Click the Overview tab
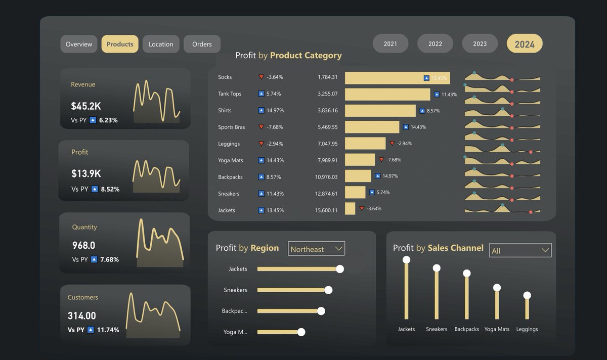click(79, 44)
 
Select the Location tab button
click(161, 44)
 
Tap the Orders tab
click(202, 44)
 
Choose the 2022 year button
click(435, 43)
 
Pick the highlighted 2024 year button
click(525, 44)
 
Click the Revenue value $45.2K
click(86, 106)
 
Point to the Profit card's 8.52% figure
click(110, 189)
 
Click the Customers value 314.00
click(82, 316)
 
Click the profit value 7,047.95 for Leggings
click(327, 144)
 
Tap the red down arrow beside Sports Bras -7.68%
click(261, 127)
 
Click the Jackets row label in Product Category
click(227, 210)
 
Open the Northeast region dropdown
click(317, 249)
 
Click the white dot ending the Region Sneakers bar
click(328, 290)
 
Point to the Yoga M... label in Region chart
click(235, 332)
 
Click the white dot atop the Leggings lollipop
click(527, 295)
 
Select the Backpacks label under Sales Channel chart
click(466, 329)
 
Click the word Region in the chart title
click(265, 248)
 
